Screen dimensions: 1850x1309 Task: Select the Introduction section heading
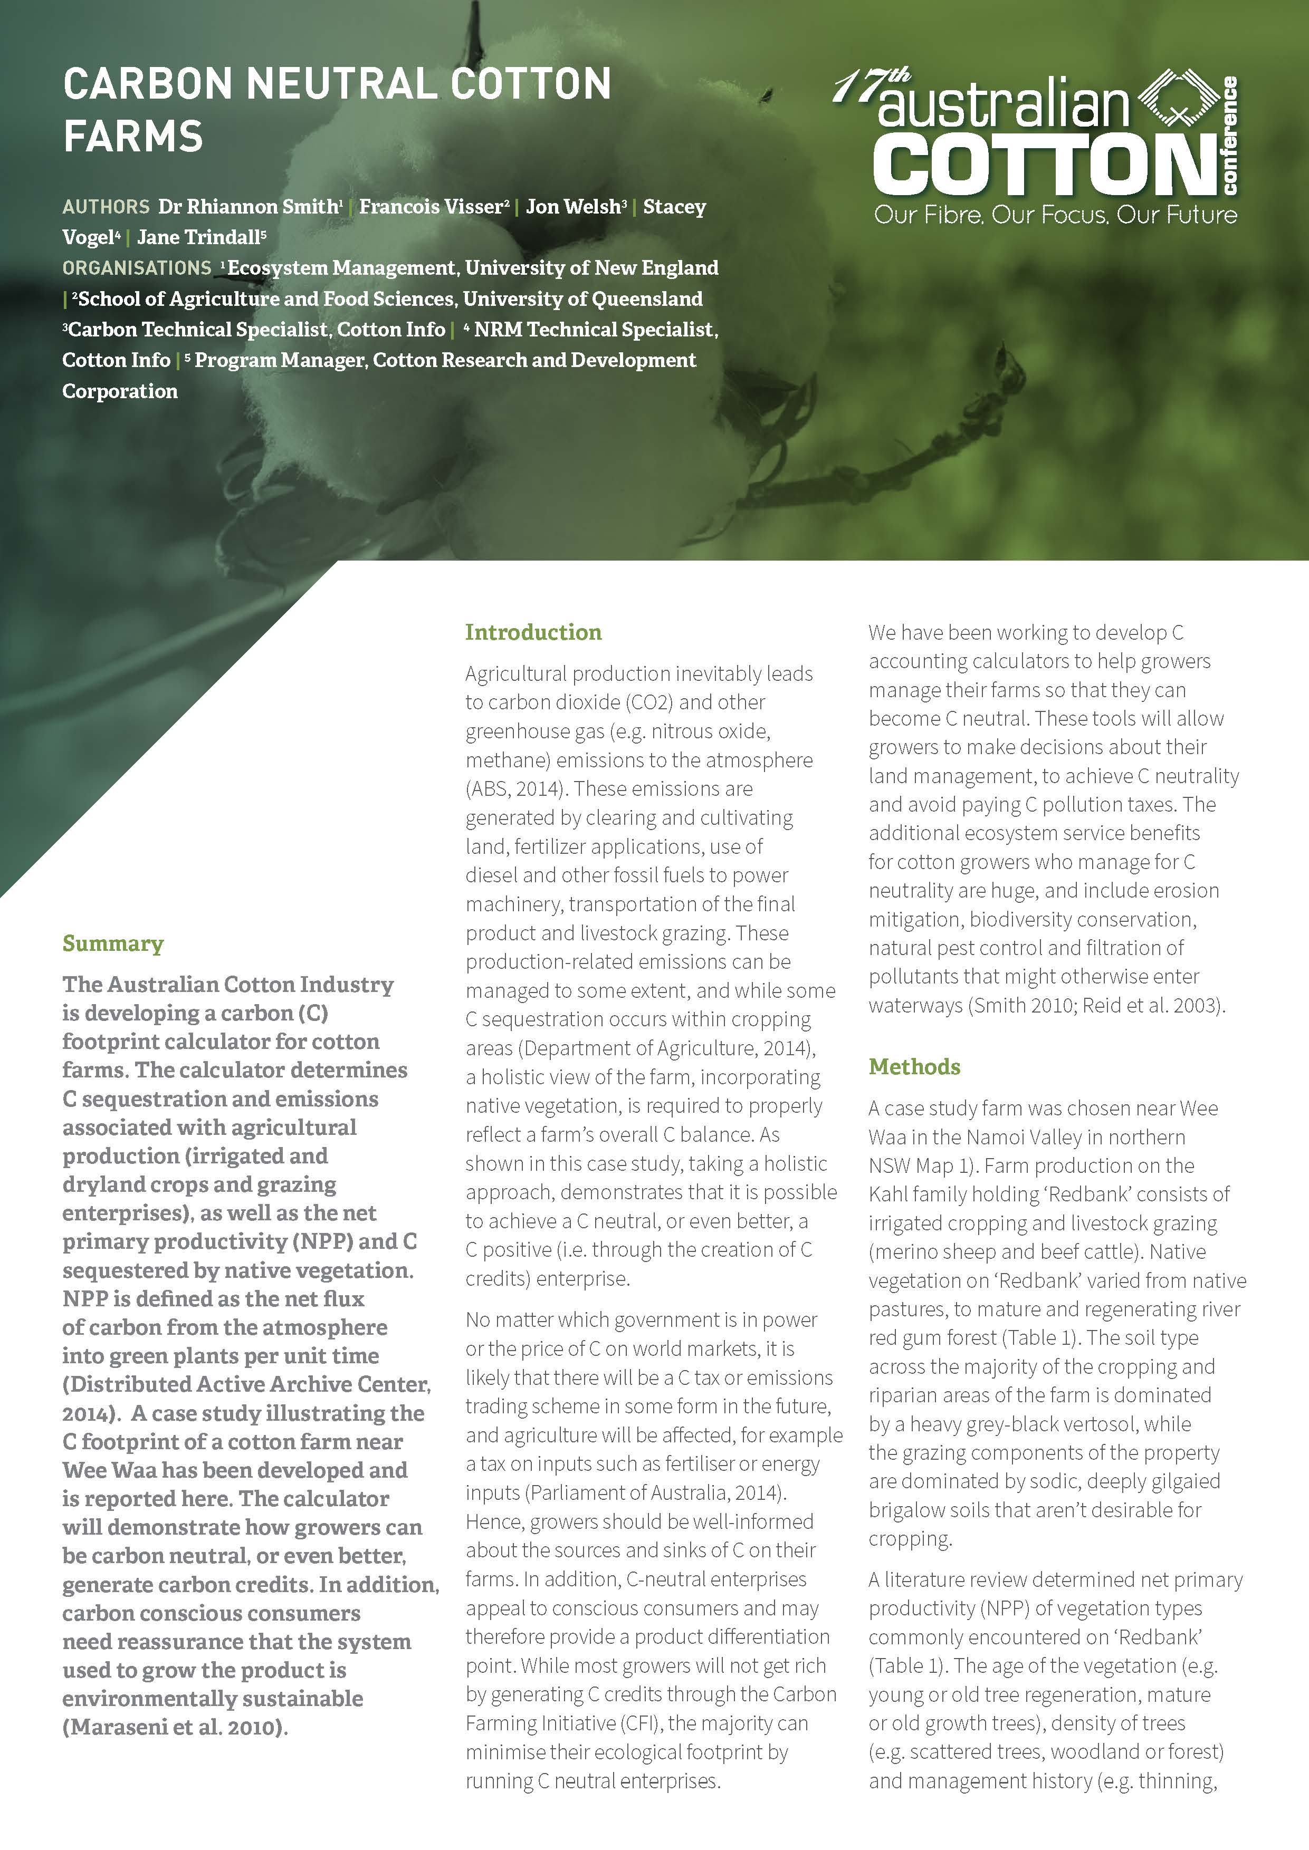click(533, 632)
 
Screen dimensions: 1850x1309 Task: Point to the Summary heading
click(113, 943)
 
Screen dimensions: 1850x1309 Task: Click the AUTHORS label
click(106, 207)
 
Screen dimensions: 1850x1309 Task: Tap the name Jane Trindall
click(199, 238)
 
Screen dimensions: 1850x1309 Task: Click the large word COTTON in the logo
click(1044, 165)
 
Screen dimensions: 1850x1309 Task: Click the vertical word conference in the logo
click(1230, 136)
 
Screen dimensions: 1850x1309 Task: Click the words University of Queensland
click(583, 299)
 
